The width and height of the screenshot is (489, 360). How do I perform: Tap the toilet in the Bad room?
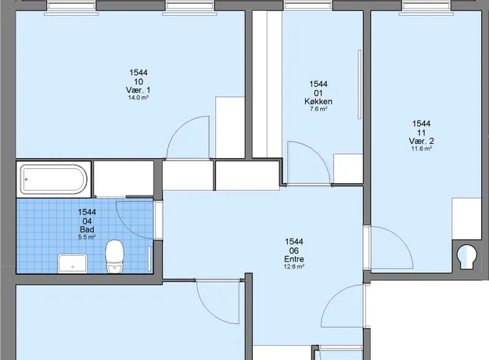coord(115,257)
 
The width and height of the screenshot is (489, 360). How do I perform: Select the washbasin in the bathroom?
coord(72,263)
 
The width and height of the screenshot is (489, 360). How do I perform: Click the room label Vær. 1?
coord(138,90)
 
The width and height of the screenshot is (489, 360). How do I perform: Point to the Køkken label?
coord(318,102)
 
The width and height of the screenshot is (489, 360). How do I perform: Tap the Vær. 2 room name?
coord(422,141)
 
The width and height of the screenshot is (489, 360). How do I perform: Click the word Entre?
coord(294,259)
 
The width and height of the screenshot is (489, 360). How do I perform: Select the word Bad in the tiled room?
coord(87,229)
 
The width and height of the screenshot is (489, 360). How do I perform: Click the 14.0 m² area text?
coord(138,98)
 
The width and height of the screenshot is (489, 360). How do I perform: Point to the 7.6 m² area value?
coord(318,109)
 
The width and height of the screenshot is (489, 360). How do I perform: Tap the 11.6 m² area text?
coord(422,149)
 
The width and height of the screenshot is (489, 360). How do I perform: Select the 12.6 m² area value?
coord(294,266)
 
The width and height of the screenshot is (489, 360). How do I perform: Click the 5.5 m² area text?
coord(87,237)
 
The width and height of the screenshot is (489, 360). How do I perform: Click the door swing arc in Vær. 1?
coord(179,128)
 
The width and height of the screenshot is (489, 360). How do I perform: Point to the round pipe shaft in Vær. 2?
coord(466,255)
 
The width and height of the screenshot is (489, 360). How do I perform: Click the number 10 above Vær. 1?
coord(138,81)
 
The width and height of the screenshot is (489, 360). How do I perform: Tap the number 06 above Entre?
coord(294,250)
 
